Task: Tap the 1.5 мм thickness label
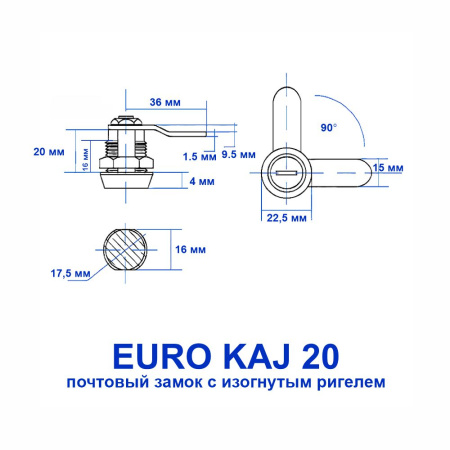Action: [201, 157]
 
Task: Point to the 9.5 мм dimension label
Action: [237, 154]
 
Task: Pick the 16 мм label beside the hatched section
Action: [189, 249]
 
